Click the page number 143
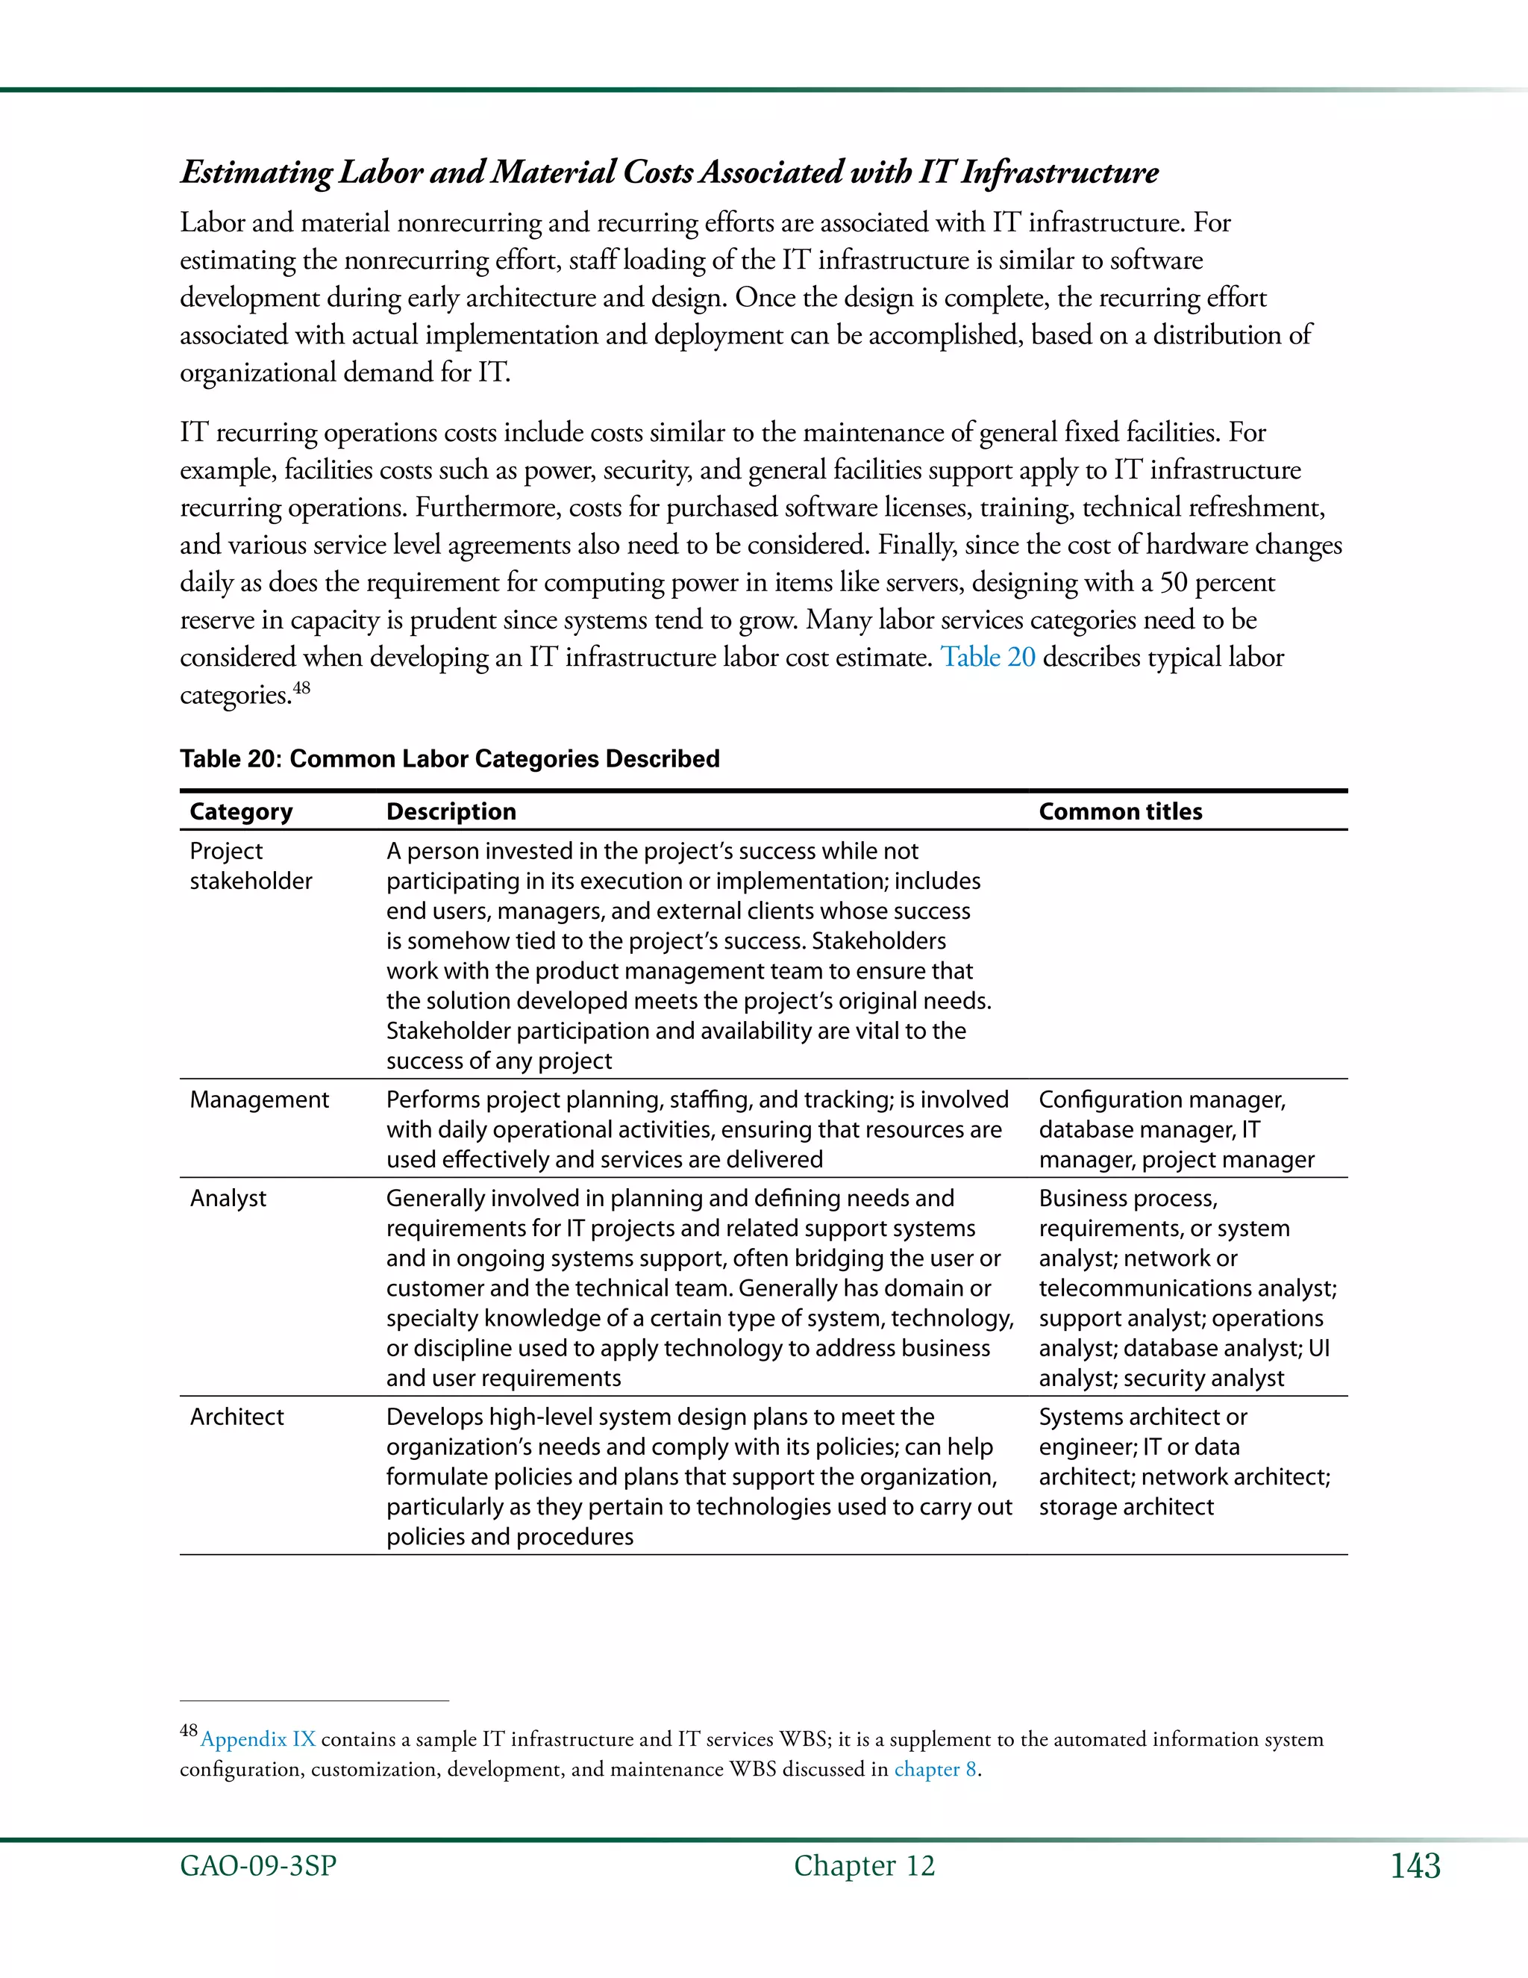1415,1866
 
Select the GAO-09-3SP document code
258,1866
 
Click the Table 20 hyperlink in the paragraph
988,657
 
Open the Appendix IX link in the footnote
258,1739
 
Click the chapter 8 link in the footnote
935,1769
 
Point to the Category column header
241,811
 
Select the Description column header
451,811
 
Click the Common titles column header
1120,811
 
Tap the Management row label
259,1099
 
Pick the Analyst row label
228,1198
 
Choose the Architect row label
237,1417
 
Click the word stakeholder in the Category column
251,882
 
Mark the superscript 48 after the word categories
301,687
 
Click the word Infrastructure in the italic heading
1059,172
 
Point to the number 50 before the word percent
1173,581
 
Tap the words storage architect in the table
1125,1506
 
